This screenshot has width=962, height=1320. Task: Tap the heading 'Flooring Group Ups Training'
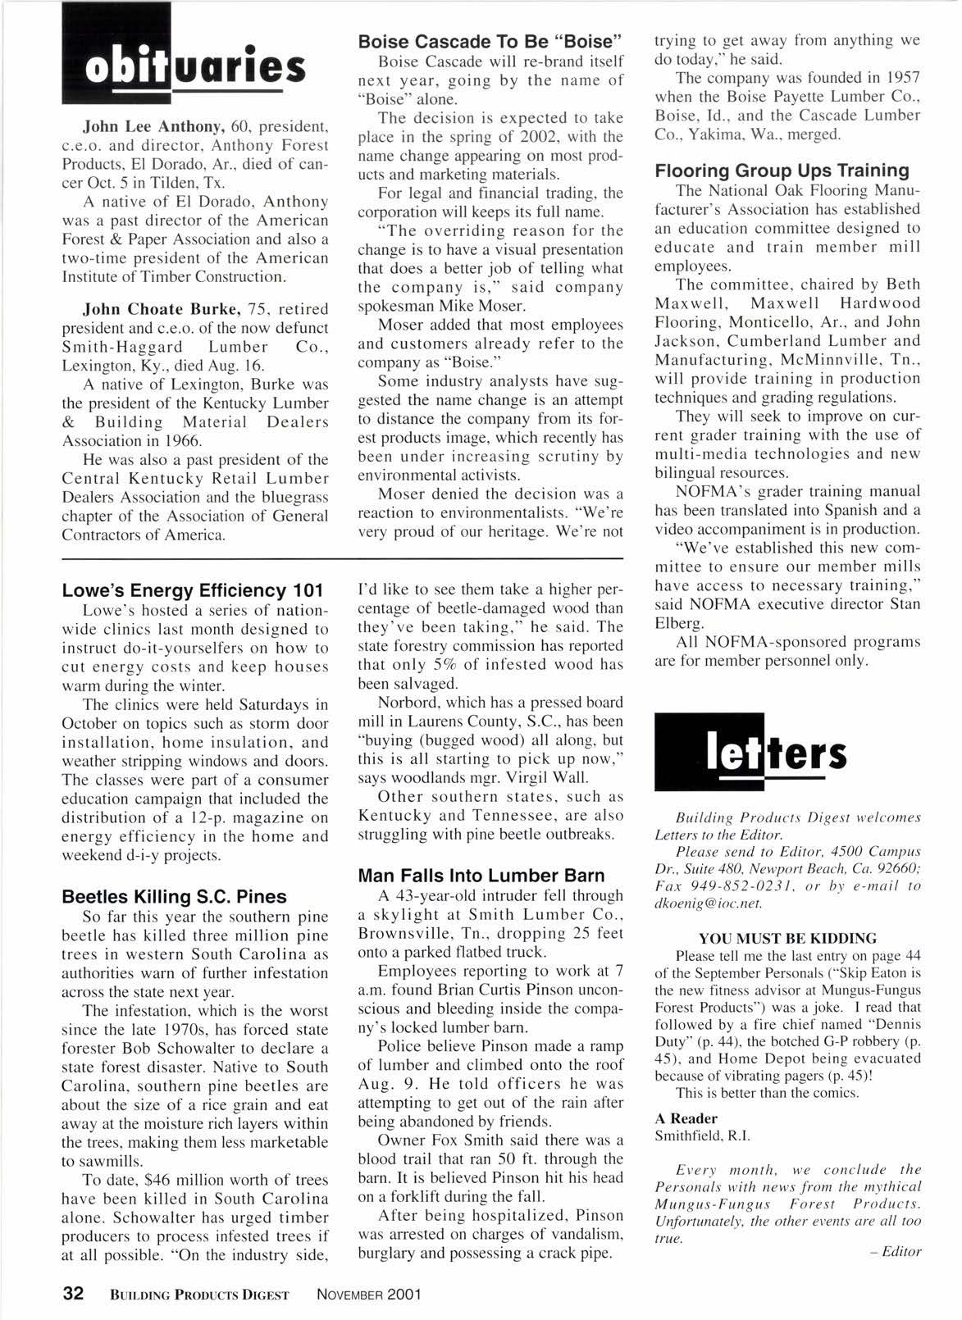[x=782, y=171]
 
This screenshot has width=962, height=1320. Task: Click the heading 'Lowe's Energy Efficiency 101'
[x=193, y=590]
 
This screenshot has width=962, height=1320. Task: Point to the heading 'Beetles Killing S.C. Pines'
[x=174, y=897]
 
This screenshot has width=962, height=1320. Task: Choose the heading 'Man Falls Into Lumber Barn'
[x=481, y=876]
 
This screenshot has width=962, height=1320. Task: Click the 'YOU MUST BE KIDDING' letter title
[x=787, y=938]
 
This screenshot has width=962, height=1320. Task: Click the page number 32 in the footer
[x=74, y=1294]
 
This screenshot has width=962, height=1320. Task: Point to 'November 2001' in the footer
[x=368, y=1295]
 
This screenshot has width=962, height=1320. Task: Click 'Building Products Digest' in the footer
[x=198, y=1295]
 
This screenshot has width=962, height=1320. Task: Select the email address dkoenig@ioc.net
[x=709, y=903]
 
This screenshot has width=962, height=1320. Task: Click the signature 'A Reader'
[x=686, y=1118]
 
